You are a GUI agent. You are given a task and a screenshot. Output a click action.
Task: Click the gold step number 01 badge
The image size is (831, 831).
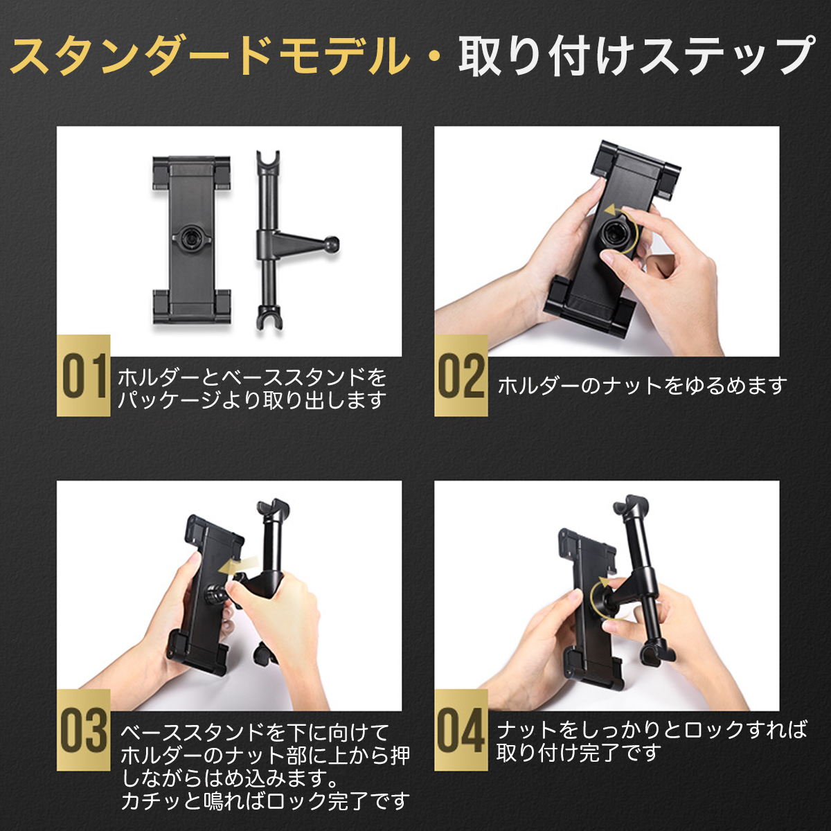coord(83,375)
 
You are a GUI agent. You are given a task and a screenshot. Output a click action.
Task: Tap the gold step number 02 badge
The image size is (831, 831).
coord(461,375)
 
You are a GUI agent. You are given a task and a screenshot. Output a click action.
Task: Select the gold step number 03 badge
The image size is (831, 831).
coord(83,730)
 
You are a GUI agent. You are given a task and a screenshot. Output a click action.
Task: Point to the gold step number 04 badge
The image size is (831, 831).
coord(461,730)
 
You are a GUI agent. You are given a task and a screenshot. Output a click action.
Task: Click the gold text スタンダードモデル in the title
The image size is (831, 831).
coord(211,55)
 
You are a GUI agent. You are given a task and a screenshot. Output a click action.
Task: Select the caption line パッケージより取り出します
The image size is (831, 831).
coord(251,400)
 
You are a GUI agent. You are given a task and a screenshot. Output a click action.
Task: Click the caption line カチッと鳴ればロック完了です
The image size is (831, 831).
coord(265,801)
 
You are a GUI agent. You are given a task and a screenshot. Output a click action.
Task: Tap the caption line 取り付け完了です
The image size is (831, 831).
coord(578,752)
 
